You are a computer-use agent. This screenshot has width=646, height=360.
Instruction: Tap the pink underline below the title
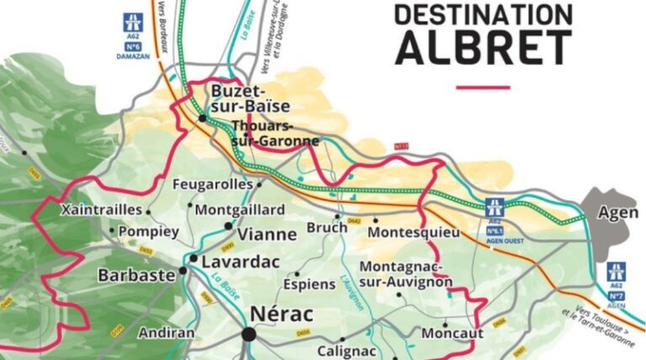[x=483, y=87]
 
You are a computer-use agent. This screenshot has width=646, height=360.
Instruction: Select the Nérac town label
[x=281, y=315]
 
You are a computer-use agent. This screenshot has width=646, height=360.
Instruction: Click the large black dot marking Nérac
[x=248, y=335]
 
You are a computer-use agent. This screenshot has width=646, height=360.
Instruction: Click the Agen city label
[x=617, y=213]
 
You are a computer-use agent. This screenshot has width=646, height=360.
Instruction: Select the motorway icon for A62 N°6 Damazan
[x=131, y=23]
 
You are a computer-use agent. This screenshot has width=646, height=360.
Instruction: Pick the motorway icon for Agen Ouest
[x=495, y=206]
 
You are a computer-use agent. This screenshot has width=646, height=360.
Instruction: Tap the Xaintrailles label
[x=101, y=210]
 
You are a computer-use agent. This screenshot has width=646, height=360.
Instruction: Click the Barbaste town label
[x=136, y=274]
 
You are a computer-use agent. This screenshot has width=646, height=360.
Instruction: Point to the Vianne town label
[x=268, y=235]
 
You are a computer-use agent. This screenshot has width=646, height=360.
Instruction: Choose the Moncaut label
[x=452, y=333]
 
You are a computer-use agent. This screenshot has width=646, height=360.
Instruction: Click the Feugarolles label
[x=212, y=183]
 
